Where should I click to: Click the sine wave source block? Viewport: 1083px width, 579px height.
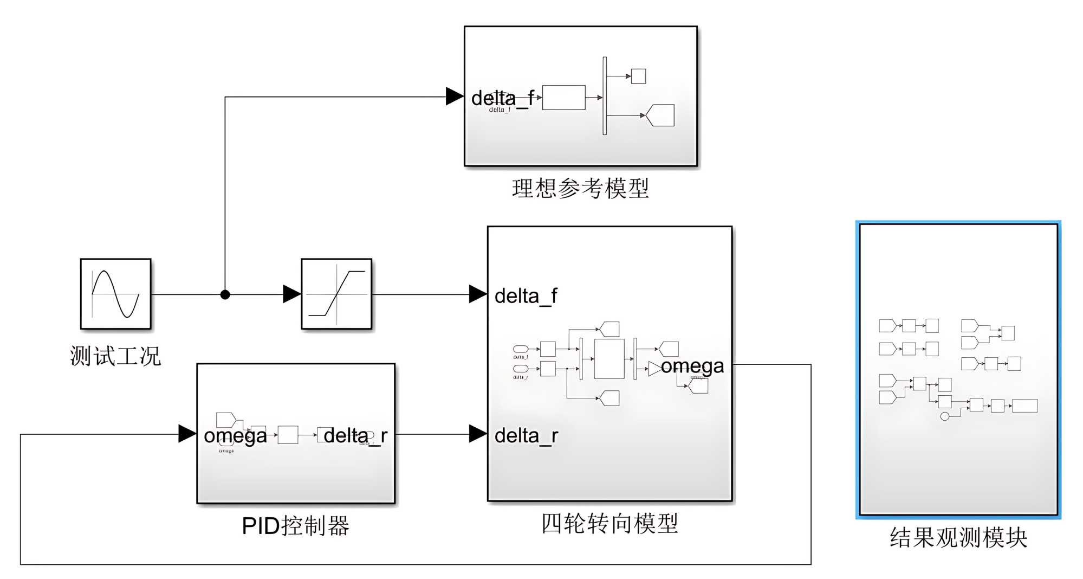[115, 294]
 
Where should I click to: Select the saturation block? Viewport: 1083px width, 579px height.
[336, 294]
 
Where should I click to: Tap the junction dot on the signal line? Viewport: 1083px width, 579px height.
[225, 294]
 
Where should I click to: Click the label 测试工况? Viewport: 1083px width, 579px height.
[115, 356]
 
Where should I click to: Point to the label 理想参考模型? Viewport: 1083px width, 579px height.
[580, 188]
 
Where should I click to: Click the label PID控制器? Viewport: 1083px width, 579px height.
[295, 526]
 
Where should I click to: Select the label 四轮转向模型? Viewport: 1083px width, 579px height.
[609, 523]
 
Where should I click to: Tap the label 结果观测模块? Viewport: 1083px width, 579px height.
[958, 537]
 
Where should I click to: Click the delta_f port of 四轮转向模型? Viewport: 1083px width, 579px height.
[526, 296]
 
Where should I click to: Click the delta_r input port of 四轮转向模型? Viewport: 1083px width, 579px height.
[526, 435]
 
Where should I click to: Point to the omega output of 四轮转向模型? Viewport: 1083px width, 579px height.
[692, 366]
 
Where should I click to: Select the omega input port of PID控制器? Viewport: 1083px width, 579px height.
[235, 435]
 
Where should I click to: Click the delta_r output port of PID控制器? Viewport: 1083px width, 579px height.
[355, 435]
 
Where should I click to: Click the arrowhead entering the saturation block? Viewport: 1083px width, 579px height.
[292, 294]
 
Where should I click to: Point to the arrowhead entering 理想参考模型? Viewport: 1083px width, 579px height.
[455, 97]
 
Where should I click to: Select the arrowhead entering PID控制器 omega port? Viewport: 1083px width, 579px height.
[187, 434]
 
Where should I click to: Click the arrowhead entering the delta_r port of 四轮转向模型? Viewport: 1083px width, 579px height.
[478, 434]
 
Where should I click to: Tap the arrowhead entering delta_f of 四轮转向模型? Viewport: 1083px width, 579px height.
[478, 294]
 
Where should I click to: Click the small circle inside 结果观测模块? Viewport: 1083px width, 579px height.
[945, 416]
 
